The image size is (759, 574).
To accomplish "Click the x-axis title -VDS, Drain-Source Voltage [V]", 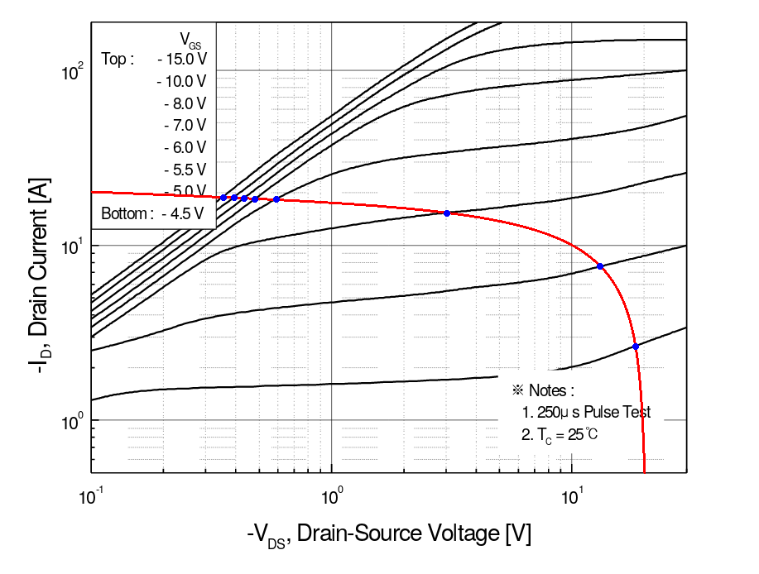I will point(388,535).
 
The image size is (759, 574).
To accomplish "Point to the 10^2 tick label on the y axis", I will point(73,72).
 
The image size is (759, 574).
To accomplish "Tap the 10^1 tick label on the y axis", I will point(73,247).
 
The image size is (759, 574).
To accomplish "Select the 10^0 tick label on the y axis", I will point(73,422).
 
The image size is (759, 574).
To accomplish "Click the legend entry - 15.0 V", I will point(181,60).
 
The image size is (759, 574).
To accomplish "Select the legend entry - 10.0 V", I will point(181,81).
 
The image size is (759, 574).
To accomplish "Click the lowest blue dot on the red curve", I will point(636,347).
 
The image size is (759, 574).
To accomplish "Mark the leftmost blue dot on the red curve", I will point(223,197).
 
